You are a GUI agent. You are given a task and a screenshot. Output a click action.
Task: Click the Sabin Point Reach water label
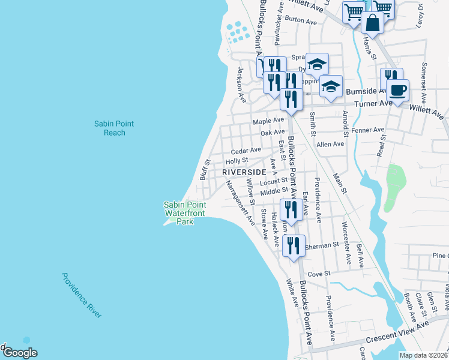114,128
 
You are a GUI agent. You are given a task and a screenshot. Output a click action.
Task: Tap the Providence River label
82,295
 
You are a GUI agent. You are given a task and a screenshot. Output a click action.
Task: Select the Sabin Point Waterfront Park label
185,213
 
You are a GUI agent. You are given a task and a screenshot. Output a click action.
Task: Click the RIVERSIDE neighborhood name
244,172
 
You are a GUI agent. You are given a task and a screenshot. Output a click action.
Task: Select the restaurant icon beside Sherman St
294,245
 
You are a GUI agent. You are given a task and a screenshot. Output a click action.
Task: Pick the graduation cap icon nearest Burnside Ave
331,87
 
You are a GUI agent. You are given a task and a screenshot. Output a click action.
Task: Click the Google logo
19,352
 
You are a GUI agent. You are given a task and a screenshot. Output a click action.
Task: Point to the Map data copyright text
423,355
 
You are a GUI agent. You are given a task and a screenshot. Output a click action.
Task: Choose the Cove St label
319,273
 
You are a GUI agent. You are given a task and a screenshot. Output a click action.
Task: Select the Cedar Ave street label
246,150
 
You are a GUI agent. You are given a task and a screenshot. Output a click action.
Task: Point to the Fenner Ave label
367,130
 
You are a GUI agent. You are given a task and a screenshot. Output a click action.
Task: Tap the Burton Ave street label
301,21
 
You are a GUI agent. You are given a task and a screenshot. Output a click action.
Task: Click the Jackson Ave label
241,85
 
